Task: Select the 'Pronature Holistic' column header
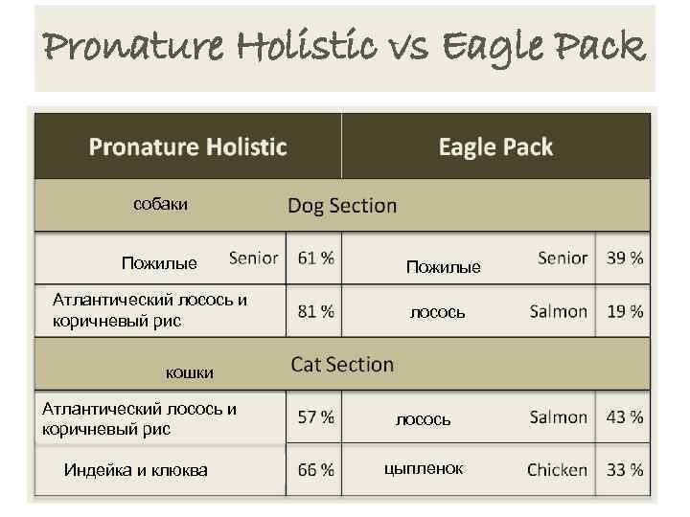click(188, 146)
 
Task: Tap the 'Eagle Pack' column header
click(495, 146)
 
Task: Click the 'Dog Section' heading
click(342, 205)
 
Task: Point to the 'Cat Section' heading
click(342, 365)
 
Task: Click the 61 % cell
click(316, 258)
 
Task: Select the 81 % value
click(316, 311)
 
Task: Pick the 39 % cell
click(625, 258)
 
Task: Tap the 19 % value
click(625, 311)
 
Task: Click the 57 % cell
click(316, 417)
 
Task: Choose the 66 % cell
click(316, 470)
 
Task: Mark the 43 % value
click(625, 417)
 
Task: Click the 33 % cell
click(625, 470)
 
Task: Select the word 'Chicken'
click(557, 470)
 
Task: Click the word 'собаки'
click(160, 204)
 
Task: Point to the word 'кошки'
click(189, 372)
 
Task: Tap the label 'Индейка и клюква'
click(135, 469)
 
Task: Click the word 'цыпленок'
click(423, 468)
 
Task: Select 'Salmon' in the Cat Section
click(559, 417)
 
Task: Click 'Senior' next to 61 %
click(254, 258)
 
